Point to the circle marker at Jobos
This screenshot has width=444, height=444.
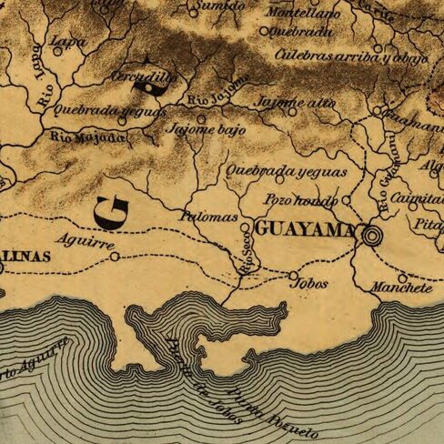tap(293, 274)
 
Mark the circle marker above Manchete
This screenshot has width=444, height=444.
tap(401, 277)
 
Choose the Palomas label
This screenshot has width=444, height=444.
tap(209, 218)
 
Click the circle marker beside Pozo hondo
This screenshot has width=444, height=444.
tap(347, 199)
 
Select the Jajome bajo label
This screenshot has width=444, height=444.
tap(205, 130)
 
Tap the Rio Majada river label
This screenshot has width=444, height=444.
tap(86, 137)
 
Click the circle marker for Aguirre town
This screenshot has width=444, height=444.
tap(114, 257)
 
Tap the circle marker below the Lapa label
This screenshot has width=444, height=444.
tap(58, 52)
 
